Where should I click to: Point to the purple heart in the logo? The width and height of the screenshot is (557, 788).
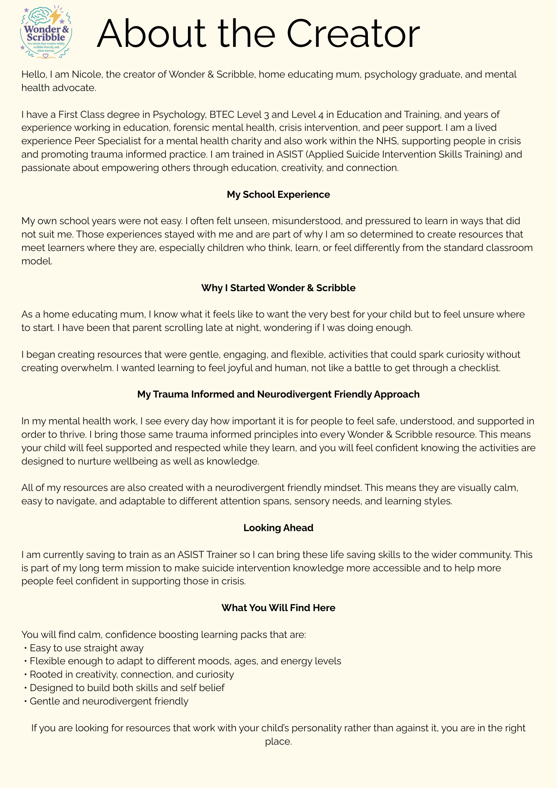tap(46, 56)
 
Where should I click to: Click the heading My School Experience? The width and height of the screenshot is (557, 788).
tap(278, 195)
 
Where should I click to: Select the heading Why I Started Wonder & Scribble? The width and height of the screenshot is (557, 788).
tap(278, 288)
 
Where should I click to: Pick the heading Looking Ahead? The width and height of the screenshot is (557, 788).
tap(278, 528)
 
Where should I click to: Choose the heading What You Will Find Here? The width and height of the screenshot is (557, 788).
tap(278, 608)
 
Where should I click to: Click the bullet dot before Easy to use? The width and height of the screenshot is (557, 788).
tap(25, 648)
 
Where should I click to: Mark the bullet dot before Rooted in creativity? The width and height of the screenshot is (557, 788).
tap(25, 675)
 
